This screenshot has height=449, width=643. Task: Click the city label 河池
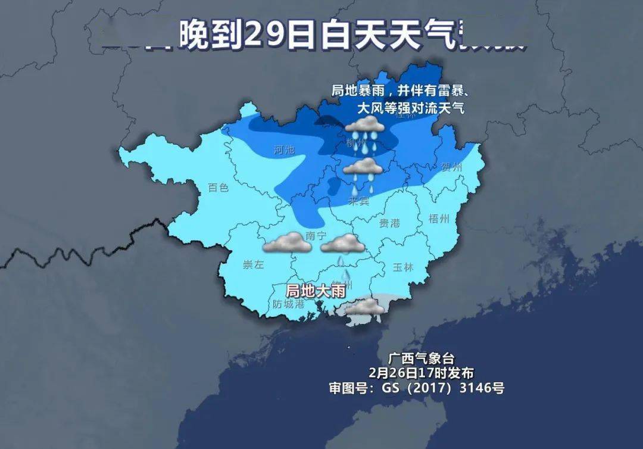285,150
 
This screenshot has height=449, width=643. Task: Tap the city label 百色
219,188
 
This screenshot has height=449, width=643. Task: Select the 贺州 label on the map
451,167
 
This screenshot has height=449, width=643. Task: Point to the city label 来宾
359,201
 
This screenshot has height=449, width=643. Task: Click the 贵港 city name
389,223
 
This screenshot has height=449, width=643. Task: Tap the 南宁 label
316,236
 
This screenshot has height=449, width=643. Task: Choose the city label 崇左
253,265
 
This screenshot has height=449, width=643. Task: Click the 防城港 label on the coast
288,304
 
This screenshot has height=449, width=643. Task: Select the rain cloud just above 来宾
363,167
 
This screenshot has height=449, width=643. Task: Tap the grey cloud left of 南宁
284,242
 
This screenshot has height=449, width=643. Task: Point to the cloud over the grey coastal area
364,307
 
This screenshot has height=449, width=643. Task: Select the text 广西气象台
421,359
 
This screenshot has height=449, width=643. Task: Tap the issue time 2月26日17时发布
421,373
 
